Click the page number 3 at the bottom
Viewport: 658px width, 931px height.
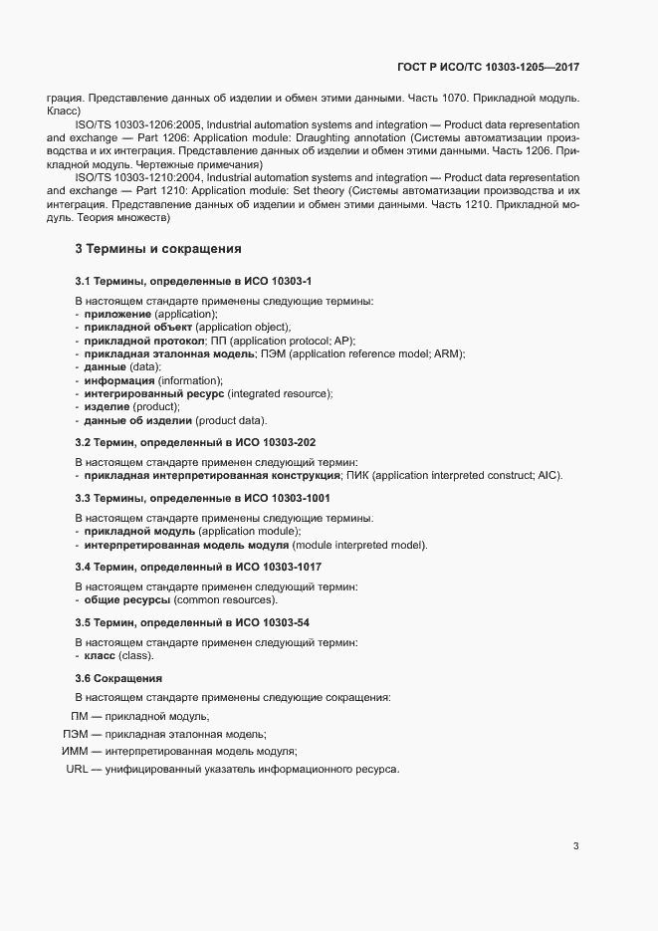click(x=575, y=847)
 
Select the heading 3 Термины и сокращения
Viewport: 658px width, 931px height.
click(x=158, y=249)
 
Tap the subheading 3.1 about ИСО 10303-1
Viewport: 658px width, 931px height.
click(x=194, y=283)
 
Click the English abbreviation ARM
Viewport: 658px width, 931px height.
click(x=451, y=353)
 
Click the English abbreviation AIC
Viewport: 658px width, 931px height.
click(x=548, y=475)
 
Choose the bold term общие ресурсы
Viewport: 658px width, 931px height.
click(x=127, y=599)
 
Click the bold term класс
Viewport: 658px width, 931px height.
click(x=101, y=655)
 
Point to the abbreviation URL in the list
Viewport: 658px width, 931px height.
click(x=77, y=771)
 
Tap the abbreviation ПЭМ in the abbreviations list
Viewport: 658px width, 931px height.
click(x=76, y=734)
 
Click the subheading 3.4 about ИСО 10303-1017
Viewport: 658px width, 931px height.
click(x=198, y=567)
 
